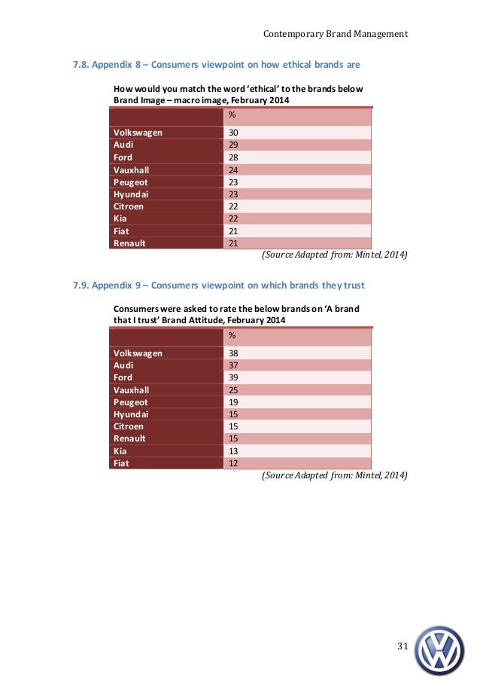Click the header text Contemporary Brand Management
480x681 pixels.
(x=336, y=34)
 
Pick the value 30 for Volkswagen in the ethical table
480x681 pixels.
(x=233, y=133)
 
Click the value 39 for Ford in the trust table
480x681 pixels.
(x=233, y=377)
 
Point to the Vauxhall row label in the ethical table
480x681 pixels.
(x=132, y=169)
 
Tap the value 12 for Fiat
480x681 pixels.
(x=233, y=463)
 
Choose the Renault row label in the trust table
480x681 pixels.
(x=130, y=438)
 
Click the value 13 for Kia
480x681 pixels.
(x=233, y=450)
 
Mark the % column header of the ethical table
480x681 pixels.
(x=232, y=115)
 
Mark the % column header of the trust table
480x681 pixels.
(x=232, y=335)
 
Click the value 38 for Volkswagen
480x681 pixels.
(x=233, y=353)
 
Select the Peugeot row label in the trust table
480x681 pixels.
(x=131, y=402)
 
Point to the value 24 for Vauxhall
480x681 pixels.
(x=233, y=169)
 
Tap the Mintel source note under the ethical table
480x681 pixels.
(x=334, y=255)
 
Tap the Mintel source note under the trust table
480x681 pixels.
(x=334, y=476)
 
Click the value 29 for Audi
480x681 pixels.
(x=233, y=145)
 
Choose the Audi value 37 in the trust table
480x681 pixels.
(x=233, y=365)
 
